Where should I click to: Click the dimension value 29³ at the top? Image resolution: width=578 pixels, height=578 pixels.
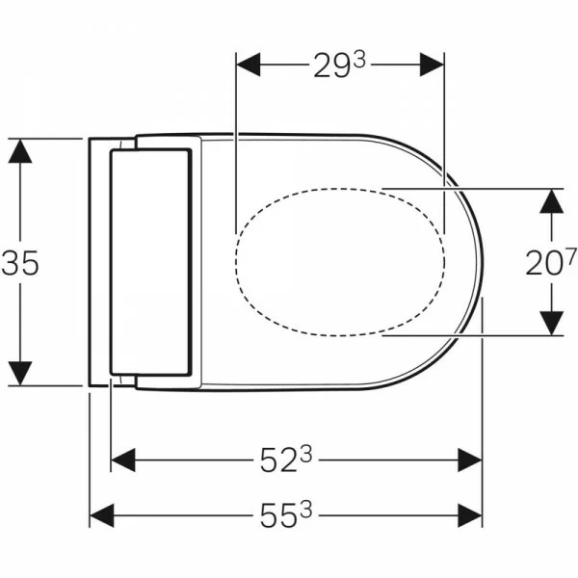[x=339, y=65]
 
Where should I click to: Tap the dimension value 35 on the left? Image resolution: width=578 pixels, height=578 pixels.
[x=20, y=263]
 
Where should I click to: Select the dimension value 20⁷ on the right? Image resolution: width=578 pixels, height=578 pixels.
[x=550, y=262]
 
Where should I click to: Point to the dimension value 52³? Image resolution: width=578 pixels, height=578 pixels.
[x=286, y=460]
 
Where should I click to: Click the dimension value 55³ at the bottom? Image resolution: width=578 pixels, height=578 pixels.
[x=286, y=515]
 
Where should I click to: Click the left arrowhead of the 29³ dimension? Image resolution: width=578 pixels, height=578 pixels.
[x=249, y=65]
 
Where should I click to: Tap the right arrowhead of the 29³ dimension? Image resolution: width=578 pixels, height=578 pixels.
[x=432, y=65]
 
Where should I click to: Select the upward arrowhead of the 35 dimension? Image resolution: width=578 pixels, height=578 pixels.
[x=20, y=151]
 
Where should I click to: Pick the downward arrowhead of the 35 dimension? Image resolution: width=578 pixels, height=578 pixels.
[x=20, y=374]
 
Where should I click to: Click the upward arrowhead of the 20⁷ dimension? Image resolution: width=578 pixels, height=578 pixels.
[x=551, y=201]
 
